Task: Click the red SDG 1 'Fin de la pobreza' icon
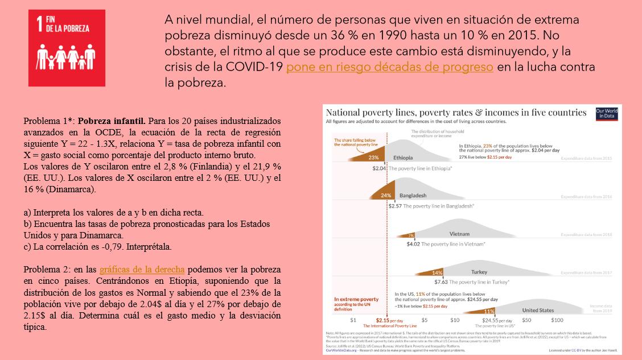click(x=67, y=48)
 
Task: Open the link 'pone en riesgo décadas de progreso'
click(x=389, y=67)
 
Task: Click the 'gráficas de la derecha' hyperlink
click(x=142, y=269)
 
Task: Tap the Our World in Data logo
click(x=606, y=113)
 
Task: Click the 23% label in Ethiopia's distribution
click(x=374, y=157)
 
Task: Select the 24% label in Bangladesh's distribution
click(x=386, y=195)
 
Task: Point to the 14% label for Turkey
click(x=437, y=272)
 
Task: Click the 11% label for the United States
click(x=488, y=311)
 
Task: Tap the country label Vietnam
click(x=459, y=234)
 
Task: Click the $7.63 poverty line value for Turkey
click(x=441, y=282)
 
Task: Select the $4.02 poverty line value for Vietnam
click(x=413, y=244)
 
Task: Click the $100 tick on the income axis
click(x=557, y=320)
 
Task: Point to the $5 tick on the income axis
click(x=424, y=320)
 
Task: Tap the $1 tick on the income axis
click(x=353, y=320)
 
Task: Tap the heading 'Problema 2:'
click(x=48, y=269)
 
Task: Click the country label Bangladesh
click(x=413, y=195)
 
